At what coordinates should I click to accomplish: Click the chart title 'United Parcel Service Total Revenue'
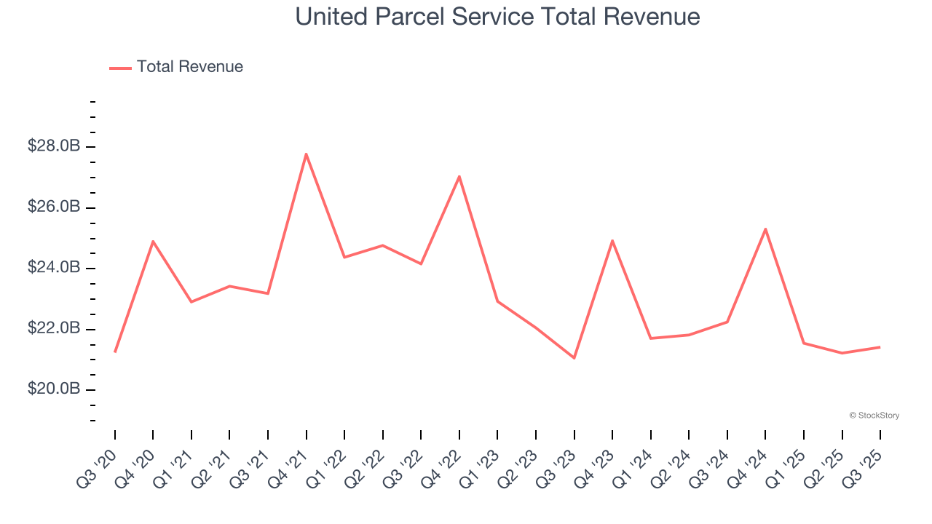coord(497,17)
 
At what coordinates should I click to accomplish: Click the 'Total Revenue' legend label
coord(189,67)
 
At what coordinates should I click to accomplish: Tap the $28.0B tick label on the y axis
coord(54,146)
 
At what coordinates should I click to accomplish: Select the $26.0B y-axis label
coord(54,207)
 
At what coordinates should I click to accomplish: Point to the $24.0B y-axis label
coord(54,268)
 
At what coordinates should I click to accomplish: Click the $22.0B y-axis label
coord(54,329)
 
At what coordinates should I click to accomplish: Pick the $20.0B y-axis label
coord(54,389)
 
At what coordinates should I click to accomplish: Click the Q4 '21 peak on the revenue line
coord(306,154)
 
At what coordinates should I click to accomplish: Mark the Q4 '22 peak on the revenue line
coord(459,176)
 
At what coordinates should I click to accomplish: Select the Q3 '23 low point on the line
coord(574,358)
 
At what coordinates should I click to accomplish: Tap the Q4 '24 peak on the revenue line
coord(765,229)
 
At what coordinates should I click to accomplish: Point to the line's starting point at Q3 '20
coord(115,352)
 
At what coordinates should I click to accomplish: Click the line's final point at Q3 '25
coord(880,347)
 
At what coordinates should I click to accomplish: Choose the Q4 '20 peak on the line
coord(153,241)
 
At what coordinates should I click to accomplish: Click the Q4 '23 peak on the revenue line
coord(612,240)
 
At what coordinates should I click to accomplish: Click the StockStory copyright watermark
coord(874,416)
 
